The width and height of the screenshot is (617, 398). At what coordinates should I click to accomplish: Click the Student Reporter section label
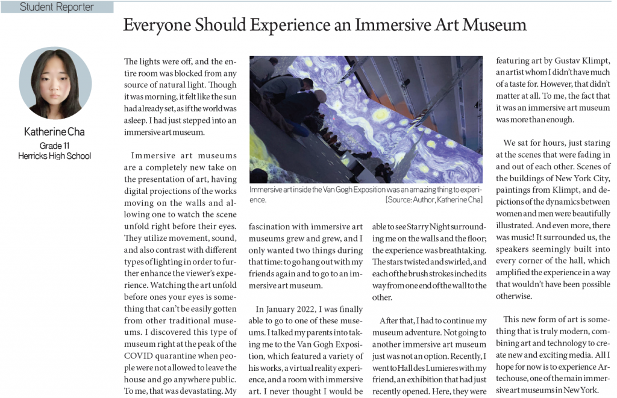tap(57, 7)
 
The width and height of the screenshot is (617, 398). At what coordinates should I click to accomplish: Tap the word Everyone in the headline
tap(152, 25)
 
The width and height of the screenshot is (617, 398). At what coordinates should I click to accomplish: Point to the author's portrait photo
tap(55, 83)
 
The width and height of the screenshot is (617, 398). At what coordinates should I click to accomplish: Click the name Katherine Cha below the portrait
tap(55, 132)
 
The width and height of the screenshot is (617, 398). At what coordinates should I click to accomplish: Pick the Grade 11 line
tap(55, 146)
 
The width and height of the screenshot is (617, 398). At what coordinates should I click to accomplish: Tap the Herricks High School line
tap(55, 156)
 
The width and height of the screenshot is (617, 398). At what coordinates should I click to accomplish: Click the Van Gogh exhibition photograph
tap(366, 119)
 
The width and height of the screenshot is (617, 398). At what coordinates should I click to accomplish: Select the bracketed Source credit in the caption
tap(434, 199)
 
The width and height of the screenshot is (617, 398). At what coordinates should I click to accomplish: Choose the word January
tap(283, 309)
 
